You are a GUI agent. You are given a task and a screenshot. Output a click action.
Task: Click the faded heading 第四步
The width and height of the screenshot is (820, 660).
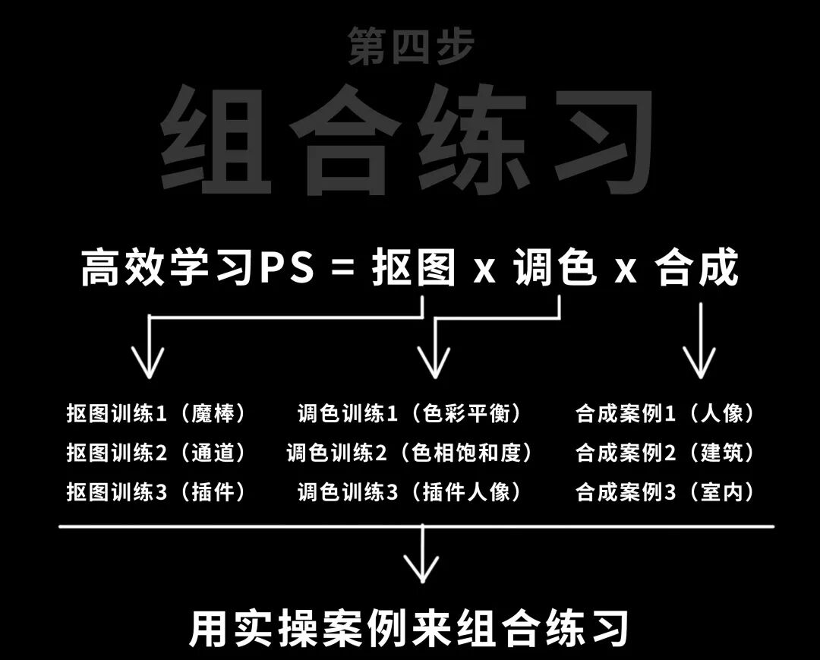[411, 46]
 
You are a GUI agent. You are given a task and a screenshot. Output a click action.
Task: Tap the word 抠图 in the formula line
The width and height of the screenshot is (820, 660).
[414, 268]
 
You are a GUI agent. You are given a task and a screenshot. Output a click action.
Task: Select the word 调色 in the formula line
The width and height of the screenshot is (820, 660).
[553, 268]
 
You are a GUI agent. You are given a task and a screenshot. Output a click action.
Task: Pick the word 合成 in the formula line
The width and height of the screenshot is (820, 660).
[697, 268]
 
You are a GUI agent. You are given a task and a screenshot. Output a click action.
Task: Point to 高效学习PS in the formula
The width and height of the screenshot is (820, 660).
[197, 269]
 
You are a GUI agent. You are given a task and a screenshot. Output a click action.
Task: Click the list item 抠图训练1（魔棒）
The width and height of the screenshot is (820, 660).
[157, 414]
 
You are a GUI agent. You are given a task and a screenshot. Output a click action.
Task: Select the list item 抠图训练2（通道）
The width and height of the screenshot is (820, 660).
[157, 453]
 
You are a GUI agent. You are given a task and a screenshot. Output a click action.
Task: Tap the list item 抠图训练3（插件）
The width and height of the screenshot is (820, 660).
[157, 492]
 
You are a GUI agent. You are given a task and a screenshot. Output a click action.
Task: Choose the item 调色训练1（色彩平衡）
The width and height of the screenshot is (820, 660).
[410, 414]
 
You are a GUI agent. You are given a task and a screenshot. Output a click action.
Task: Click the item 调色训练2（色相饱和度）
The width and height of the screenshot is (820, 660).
[410, 453]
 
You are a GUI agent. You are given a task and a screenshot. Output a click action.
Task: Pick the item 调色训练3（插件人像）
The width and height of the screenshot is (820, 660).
[410, 492]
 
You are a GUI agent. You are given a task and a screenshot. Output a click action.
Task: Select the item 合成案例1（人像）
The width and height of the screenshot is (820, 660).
[666, 414]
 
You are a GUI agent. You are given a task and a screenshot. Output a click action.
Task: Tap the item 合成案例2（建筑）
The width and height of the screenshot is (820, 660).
[666, 453]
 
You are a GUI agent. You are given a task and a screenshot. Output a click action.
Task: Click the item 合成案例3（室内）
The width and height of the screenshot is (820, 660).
[666, 492]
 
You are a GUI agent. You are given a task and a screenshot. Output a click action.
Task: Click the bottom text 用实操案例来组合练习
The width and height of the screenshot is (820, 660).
[409, 627]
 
